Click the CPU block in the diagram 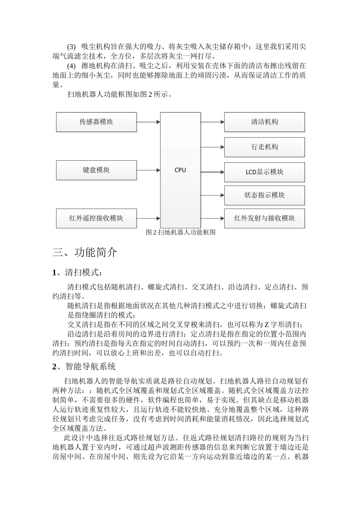click(x=180, y=170)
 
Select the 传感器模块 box click(x=96, y=122)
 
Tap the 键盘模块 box click(x=96, y=170)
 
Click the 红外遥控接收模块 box click(x=96, y=218)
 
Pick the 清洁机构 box click(x=265, y=122)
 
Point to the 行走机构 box click(x=265, y=147)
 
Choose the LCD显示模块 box click(x=265, y=172)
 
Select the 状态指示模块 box click(x=265, y=195)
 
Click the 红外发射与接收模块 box click(x=265, y=218)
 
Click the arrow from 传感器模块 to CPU click(x=148, y=122)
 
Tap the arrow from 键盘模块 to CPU click(x=148, y=170)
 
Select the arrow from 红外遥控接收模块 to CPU click(x=148, y=218)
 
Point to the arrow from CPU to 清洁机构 click(x=212, y=122)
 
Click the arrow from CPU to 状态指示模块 click(x=212, y=195)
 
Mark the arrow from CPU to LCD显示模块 click(x=212, y=172)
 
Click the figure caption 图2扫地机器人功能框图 click(x=180, y=233)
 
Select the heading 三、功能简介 click(x=85, y=252)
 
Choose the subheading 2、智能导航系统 click(x=84, y=366)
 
